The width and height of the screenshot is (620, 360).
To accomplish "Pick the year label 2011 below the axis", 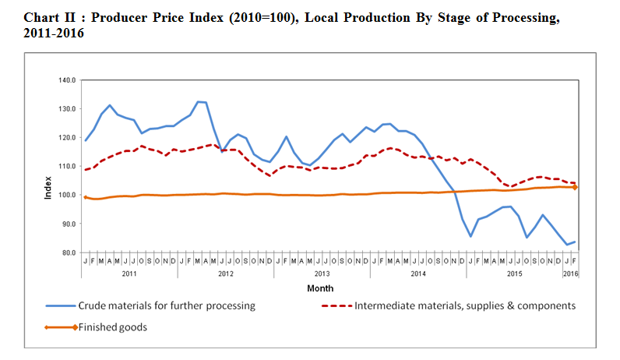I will tap(129, 274).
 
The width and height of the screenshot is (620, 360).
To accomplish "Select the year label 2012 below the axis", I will tap(226, 274).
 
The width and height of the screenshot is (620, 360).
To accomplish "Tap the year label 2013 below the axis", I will tap(322, 274).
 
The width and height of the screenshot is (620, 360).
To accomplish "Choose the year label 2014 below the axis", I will tap(418, 274).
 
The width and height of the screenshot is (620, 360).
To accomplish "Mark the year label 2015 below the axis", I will tap(514, 274).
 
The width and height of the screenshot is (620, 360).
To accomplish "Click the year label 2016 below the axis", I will tap(571, 274).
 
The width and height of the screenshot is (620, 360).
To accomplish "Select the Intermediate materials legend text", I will tap(465, 306).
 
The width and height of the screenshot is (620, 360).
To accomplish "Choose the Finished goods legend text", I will tap(113, 327).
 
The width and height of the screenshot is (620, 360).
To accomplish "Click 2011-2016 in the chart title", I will tap(55, 34).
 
